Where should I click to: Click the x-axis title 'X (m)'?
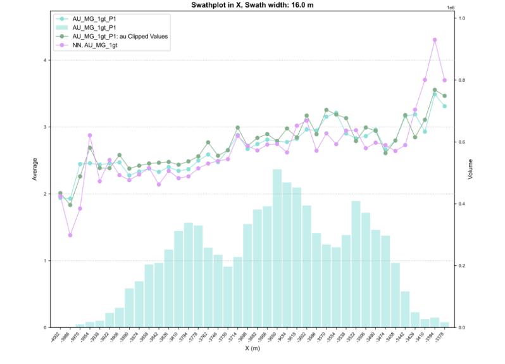click(253, 349)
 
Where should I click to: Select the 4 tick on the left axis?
click(45, 60)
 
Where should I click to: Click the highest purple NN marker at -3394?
click(435, 40)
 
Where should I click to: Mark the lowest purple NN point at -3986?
click(70, 235)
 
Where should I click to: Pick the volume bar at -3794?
click(188, 275)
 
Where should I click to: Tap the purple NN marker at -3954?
click(90, 135)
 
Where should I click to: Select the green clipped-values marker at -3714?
click(237, 128)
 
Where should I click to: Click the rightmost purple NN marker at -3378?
click(445, 80)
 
